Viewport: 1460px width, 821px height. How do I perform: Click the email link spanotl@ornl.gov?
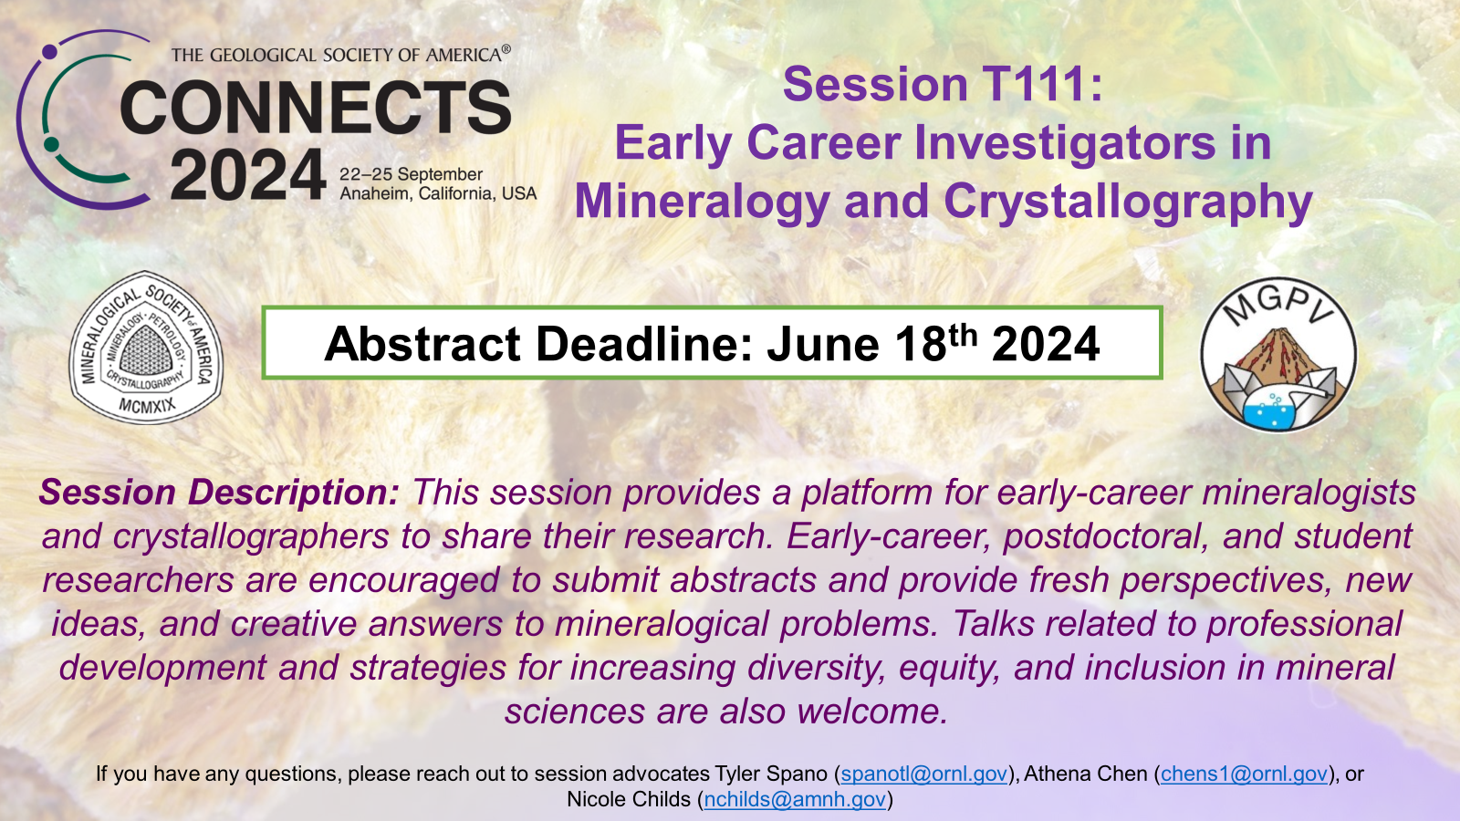click(x=924, y=774)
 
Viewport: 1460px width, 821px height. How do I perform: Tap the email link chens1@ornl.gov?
click(x=1245, y=774)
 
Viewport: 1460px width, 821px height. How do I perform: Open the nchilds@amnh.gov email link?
click(x=795, y=799)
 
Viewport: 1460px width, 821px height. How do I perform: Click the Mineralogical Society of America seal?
click(x=147, y=348)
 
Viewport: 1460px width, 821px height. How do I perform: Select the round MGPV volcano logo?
click(x=1278, y=355)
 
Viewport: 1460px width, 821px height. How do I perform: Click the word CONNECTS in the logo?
click(x=316, y=109)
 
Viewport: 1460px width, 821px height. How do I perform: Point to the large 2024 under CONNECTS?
click(x=248, y=175)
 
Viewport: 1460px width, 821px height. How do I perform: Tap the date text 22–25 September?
click(x=412, y=174)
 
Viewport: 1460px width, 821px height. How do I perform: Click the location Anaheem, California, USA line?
click(x=438, y=193)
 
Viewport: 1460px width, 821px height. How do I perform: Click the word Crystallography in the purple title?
click(x=1128, y=202)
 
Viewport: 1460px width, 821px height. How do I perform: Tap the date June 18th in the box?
click(x=872, y=343)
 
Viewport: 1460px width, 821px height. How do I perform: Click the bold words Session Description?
click(x=218, y=493)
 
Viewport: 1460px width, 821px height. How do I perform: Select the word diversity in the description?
click(x=817, y=667)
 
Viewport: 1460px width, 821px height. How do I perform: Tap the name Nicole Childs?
click(x=629, y=799)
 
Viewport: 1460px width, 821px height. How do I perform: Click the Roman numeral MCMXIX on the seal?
click(x=147, y=405)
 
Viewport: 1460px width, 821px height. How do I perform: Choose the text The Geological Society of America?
click(x=337, y=55)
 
